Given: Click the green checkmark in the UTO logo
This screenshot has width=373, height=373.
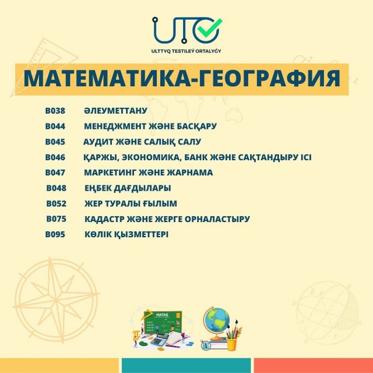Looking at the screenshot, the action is click(209, 28).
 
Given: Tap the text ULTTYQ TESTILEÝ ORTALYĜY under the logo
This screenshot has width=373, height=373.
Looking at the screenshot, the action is click(186, 51).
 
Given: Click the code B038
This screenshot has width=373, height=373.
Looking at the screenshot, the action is click(55, 111).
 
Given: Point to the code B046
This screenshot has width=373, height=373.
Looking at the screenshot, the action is click(55, 157).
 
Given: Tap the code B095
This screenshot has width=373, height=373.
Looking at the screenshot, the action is click(55, 234).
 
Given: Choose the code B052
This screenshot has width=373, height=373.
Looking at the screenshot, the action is click(57, 204).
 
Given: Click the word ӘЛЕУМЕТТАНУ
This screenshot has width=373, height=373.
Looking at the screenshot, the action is click(115, 111).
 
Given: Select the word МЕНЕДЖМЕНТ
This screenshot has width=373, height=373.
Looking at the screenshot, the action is click(115, 126).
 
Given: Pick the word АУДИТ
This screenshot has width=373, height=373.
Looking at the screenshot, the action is click(98, 142).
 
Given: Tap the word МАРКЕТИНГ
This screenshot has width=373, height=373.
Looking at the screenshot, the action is click(110, 173).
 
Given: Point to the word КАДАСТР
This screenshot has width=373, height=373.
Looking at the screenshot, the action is click(104, 219).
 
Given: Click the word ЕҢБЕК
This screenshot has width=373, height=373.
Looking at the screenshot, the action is click(98, 188).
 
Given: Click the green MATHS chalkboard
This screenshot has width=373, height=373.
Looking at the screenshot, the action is click(163, 322).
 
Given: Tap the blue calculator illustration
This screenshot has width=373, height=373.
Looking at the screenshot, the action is click(159, 339).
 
